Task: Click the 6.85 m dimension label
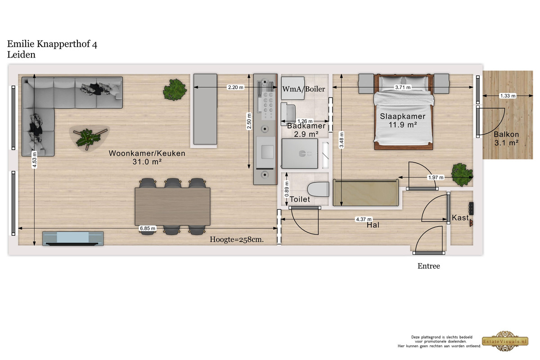148,228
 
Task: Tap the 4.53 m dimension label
35,159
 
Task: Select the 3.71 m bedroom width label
403,87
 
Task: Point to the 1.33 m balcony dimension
508,96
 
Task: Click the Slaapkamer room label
403,116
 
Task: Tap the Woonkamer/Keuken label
147,153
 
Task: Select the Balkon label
506,134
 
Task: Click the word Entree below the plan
428,266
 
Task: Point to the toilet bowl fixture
318,189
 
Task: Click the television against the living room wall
73,238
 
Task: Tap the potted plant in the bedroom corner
462,175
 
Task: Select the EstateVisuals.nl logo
505,341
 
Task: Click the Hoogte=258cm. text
237,239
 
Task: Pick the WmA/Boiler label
303,89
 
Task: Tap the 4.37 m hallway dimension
364,219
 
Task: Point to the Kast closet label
460,218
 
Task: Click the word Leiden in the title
21,55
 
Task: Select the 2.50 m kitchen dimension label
249,121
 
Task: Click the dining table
172,207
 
